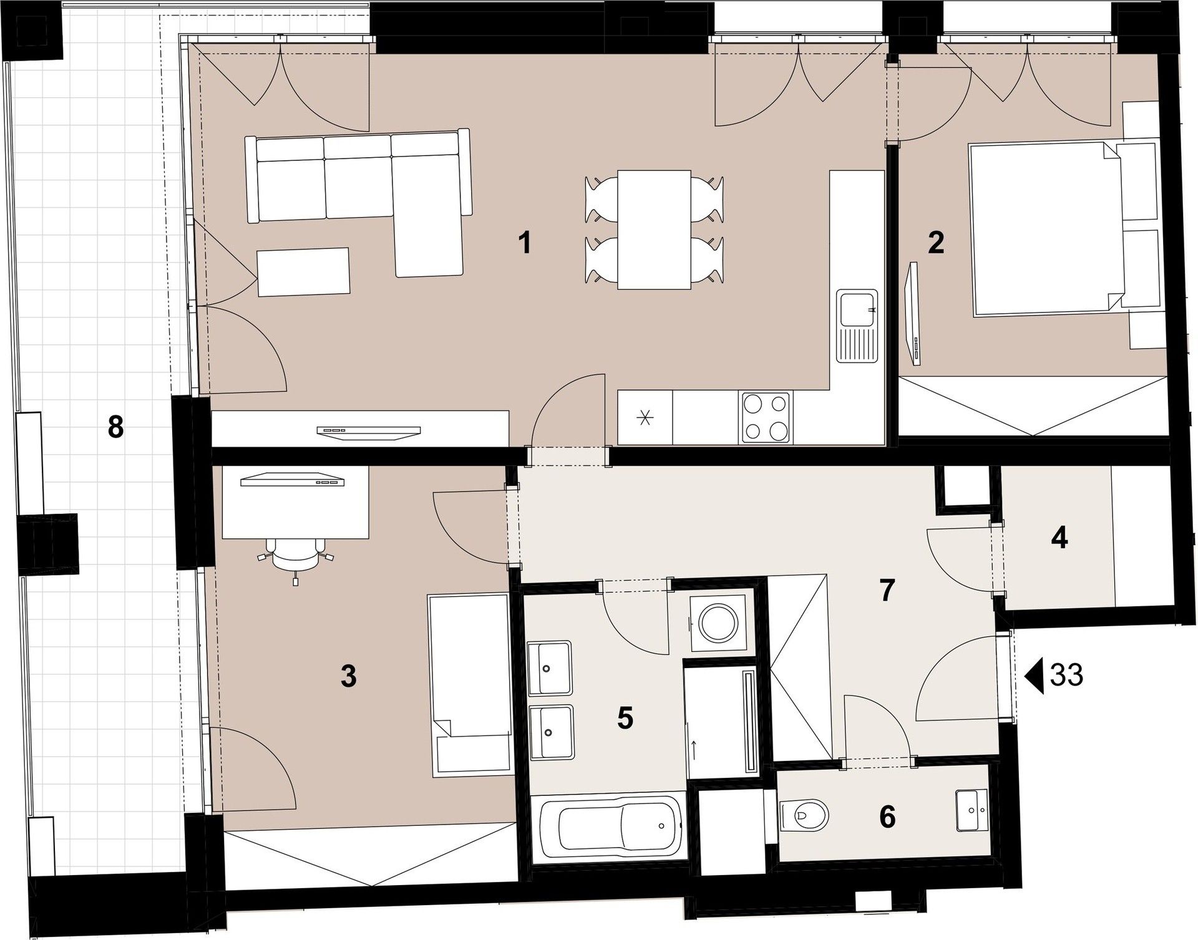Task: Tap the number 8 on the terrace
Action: (115, 428)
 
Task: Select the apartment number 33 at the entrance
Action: (1066, 675)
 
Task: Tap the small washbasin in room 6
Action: (972, 810)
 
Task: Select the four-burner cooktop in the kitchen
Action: (765, 417)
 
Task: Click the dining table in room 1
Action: (654, 230)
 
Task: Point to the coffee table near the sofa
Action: (303, 272)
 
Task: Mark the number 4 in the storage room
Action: (1059, 537)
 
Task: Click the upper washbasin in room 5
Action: (549, 667)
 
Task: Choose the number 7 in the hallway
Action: (887, 590)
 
